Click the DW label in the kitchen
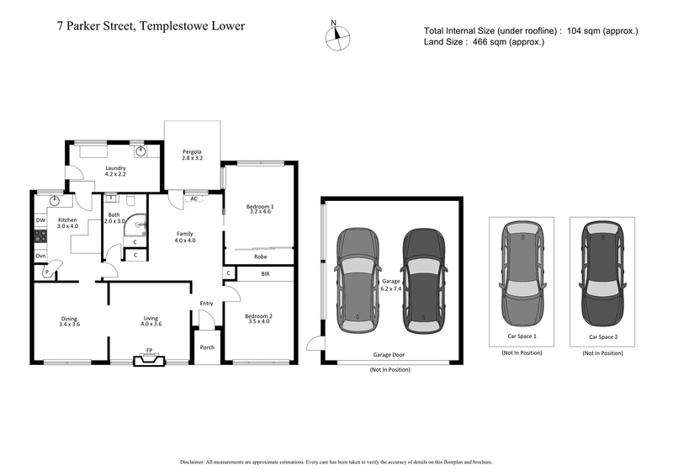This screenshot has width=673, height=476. pos(40,220)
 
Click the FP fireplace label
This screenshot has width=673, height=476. pos(149,351)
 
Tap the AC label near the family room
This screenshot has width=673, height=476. pos(193,198)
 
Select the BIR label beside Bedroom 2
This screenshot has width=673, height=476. pos(265,274)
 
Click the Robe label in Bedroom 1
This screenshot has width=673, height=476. pos(260,257)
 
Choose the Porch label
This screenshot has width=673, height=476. pos(207,346)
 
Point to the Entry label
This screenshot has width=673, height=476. pos(207,304)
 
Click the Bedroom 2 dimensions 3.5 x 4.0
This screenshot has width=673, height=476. pos(258,320)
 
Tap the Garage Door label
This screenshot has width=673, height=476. pos(389,356)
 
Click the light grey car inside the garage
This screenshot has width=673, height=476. pos(358,275)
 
